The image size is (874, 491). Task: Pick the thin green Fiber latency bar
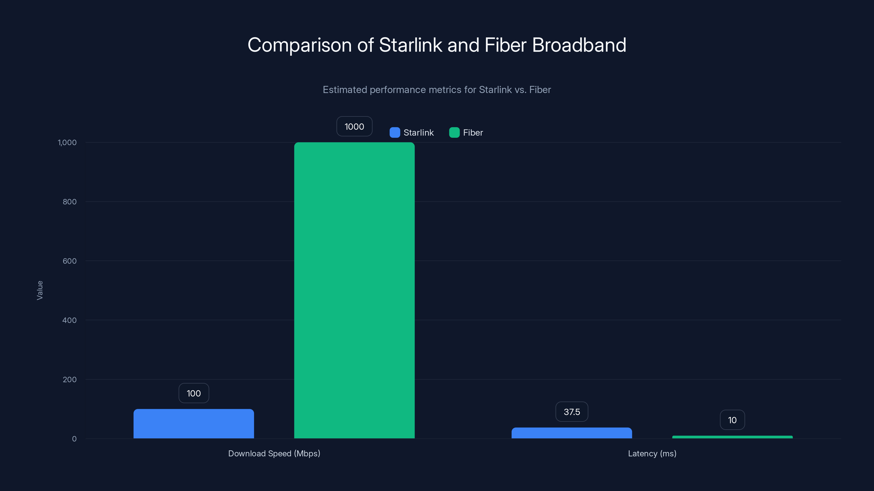coord(732,437)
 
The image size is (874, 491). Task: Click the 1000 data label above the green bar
coord(354,126)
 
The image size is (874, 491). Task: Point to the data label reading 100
coord(194,393)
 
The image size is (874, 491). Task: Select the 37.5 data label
coord(572,412)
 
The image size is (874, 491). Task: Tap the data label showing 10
coord(732,420)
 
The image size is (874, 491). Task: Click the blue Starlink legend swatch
coord(395,133)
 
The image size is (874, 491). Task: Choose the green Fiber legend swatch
coord(454,133)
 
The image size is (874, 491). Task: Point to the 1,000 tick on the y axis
coord(67,142)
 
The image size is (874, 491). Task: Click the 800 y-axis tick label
coord(70,202)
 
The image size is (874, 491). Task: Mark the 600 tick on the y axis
coord(70,261)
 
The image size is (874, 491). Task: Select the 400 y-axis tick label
coord(70,320)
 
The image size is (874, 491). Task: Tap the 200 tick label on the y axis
coord(70,379)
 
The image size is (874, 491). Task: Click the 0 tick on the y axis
coord(74,439)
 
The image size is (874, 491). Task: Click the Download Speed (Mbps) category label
coord(274,453)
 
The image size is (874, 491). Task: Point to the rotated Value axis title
coord(40,290)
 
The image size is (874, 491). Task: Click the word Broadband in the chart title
coord(579,45)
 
